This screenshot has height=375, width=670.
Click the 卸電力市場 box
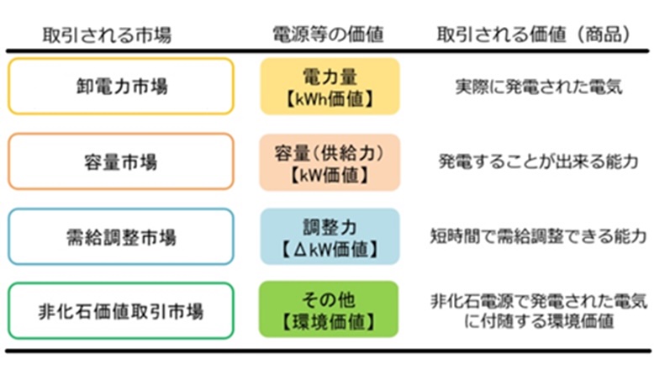(121, 86)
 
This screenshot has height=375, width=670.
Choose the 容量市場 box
(121, 161)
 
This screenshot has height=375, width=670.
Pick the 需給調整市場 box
(121, 236)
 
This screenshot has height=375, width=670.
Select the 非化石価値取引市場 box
(121, 310)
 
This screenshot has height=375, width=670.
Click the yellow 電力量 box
(330, 86)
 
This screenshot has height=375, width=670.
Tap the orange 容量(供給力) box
(330, 161)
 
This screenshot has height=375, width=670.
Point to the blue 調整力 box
(330, 236)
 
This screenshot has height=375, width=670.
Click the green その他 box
(330, 310)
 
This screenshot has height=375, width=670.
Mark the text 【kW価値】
(330, 174)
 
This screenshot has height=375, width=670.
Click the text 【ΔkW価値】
(330, 249)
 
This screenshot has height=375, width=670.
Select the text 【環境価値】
(330, 322)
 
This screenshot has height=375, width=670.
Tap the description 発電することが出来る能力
(535, 161)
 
